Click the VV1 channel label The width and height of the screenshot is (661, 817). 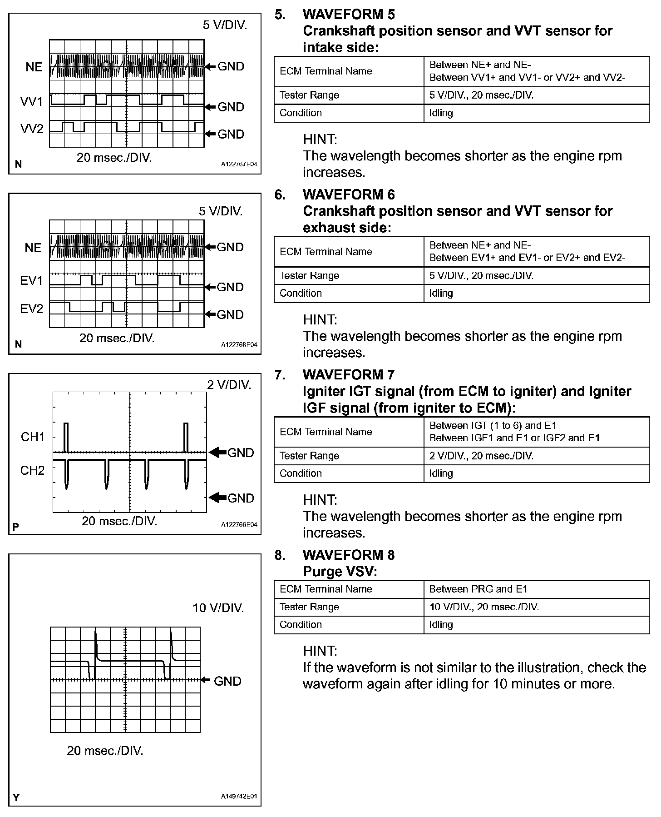pos(31,101)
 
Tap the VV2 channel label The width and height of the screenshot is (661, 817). pos(32,129)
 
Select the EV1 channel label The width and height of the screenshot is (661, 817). pos(31,281)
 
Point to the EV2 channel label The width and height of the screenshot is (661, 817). pos(31,309)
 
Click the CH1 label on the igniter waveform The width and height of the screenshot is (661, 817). pos(33,437)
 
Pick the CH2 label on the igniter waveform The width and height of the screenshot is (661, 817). pos(33,470)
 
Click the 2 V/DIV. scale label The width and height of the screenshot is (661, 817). pos(229,385)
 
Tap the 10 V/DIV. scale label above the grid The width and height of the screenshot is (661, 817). pos(218,608)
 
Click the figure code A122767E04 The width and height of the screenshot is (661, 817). pos(239,164)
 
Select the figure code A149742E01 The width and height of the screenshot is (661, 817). pos(239,797)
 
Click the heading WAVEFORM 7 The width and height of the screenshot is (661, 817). pos(349,375)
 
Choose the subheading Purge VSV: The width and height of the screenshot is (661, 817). pos(340,572)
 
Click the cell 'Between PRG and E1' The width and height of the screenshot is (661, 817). pos(478,589)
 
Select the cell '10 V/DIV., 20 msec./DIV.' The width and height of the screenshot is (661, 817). pos(484,607)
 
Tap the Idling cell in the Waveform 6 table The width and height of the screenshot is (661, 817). pos(441,294)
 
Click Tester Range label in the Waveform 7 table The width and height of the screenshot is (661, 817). pos(310,456)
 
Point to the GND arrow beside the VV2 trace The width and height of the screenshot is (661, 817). pos(210,134)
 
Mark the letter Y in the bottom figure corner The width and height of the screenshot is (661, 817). pos(16,797)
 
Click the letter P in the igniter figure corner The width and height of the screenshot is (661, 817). pos(16,527)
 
